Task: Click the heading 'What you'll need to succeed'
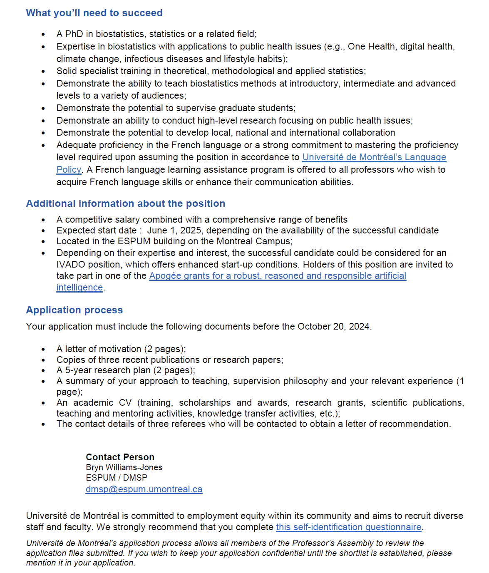[x=94, y=13]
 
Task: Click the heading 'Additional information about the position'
[x=125, y=203]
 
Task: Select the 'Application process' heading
[x=74, y=310]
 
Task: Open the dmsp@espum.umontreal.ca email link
[x=144, y=489]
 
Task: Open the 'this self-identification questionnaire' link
[x=348, y=527]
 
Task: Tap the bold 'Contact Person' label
[x=120, y=457]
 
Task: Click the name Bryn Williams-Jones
[x=124, y=467]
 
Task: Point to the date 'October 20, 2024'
[x=333, y=327]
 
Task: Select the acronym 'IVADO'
[x=71, y=265]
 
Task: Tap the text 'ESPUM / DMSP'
[x=117, y=478]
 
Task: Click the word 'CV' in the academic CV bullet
[x=125, y=403]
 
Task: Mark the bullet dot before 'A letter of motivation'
[x=43, y=350]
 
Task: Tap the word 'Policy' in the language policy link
[x=69, y=170]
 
